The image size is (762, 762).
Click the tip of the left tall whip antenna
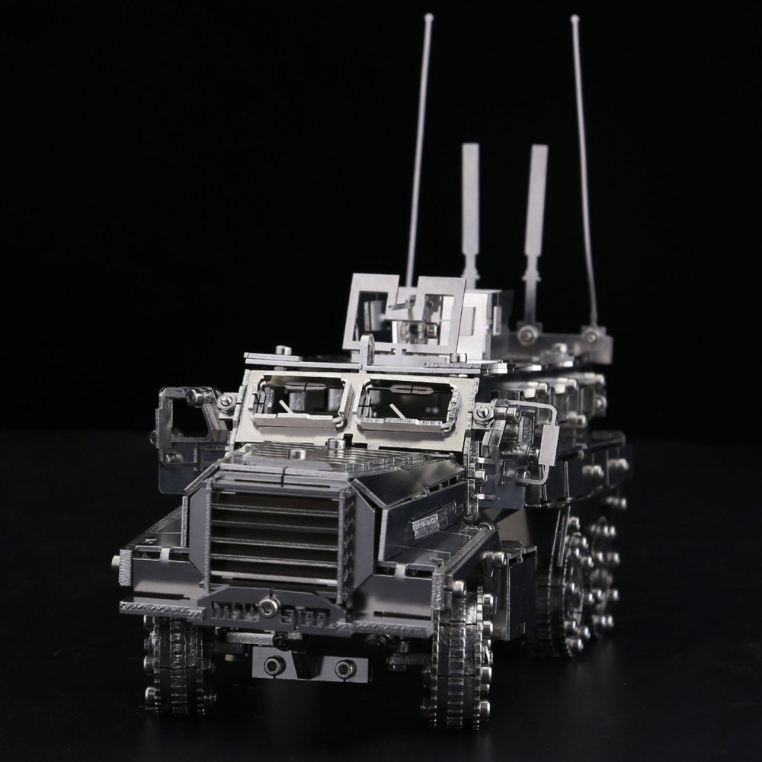coord(429,16)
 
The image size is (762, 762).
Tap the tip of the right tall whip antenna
coord(575,18)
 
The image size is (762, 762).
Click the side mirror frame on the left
coord(182,415)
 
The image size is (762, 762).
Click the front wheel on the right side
coord(457,655)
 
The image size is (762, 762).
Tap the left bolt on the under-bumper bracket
coord(271,664)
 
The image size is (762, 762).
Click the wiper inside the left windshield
coord(285,408)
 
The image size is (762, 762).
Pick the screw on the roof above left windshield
coord(283,350)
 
